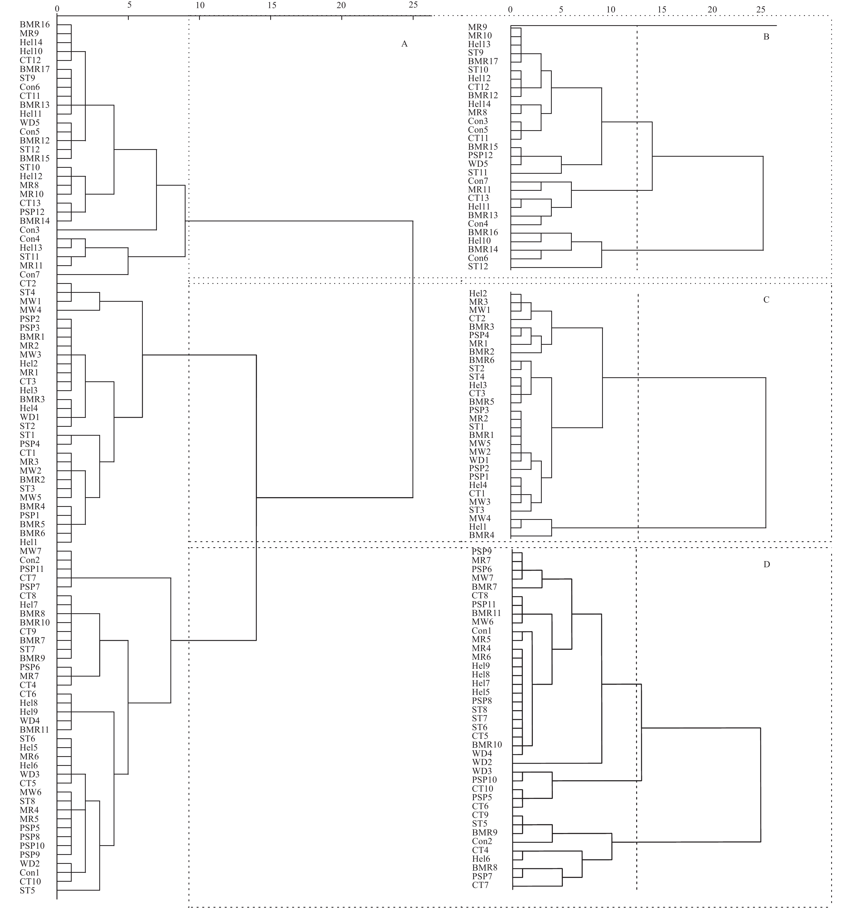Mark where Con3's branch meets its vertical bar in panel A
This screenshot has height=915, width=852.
(x=156, y=230)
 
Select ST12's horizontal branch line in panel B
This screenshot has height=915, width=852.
(x=556, y=267)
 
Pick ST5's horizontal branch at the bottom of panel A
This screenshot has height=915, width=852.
(x=78, y=890)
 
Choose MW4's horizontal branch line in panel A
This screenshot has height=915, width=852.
(x=78, y=310)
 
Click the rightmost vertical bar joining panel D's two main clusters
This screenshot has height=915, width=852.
(x=761, y=785)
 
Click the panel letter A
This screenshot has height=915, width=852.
(x=404, y=44)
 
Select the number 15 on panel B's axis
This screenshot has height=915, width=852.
(x=662, y=9)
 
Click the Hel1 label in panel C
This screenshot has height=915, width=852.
(x=478, y=527)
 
